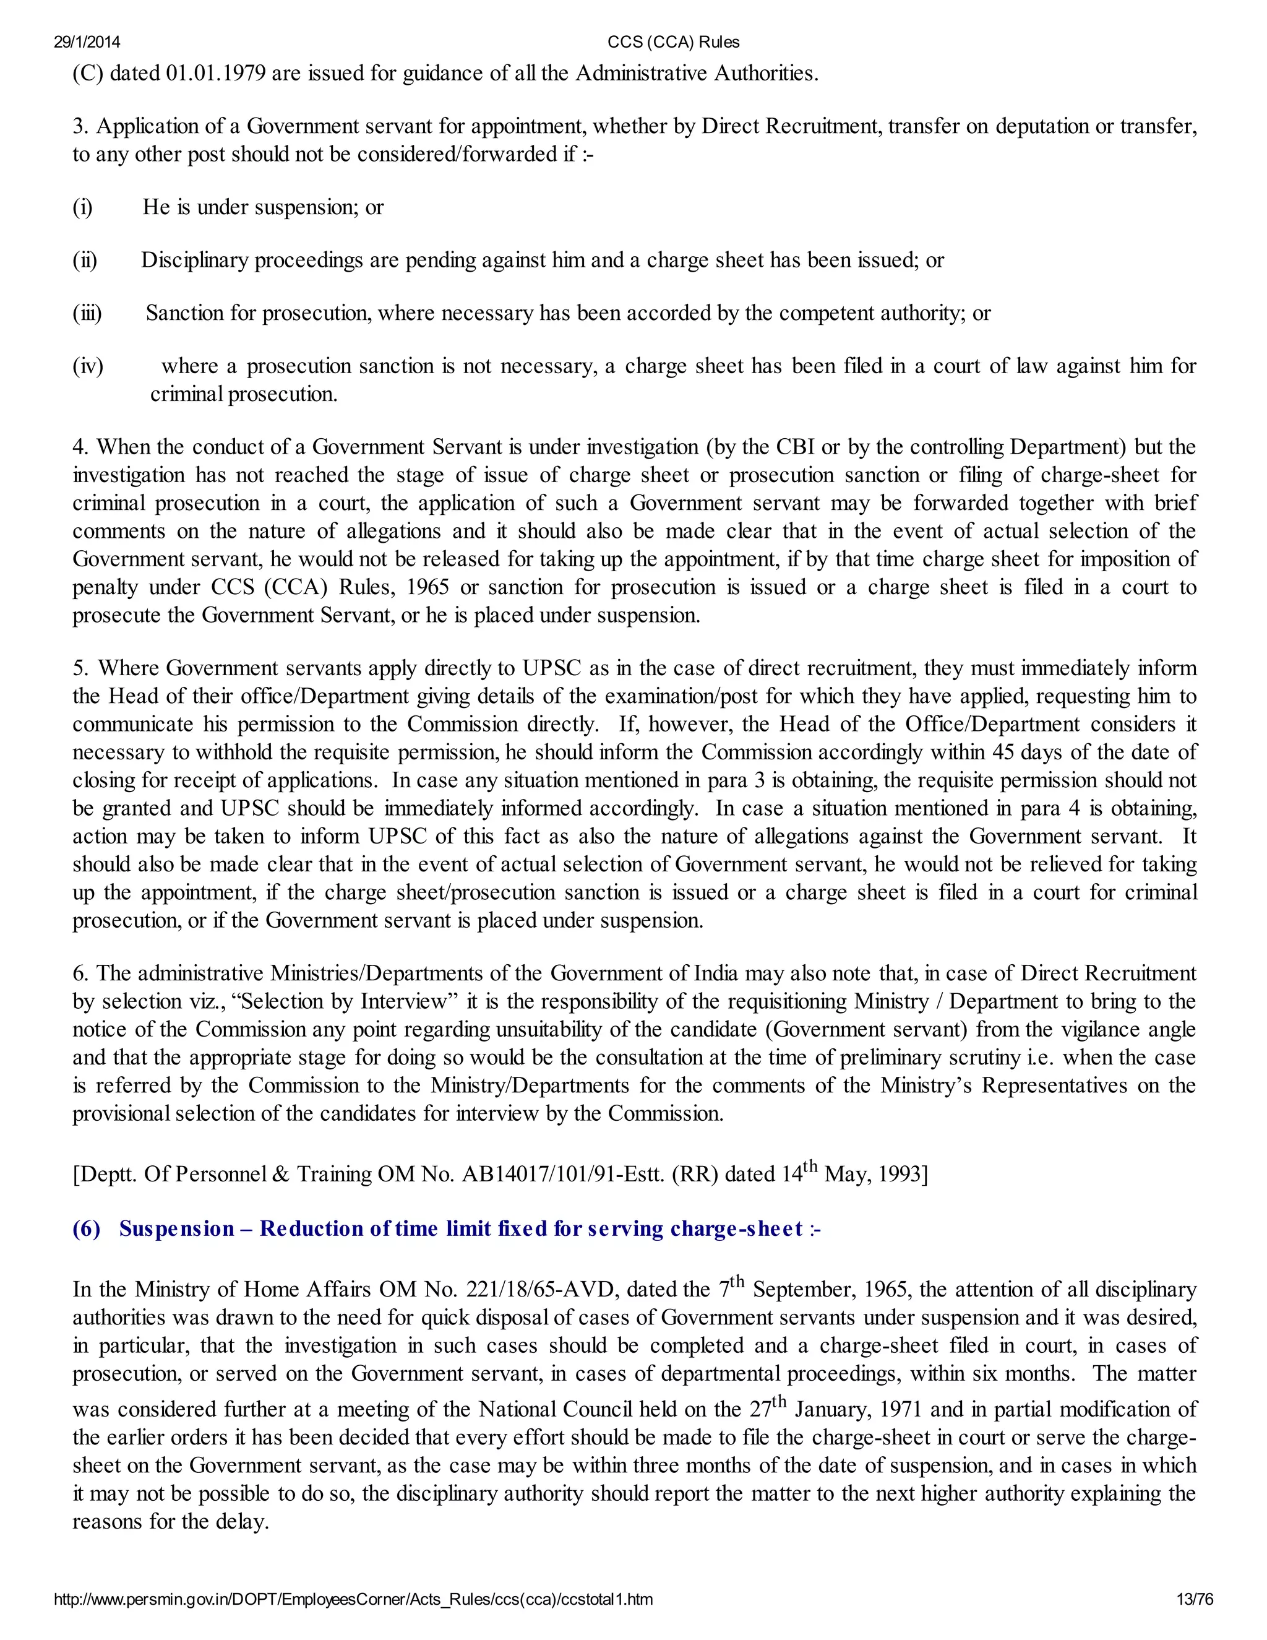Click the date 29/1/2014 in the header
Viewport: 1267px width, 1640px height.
[x=87, y=42]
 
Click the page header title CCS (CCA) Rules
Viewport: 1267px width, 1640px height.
[x=673, y=42]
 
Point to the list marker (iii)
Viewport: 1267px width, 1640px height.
[x=87, y=313]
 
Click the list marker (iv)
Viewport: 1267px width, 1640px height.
[x=88, y=366]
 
